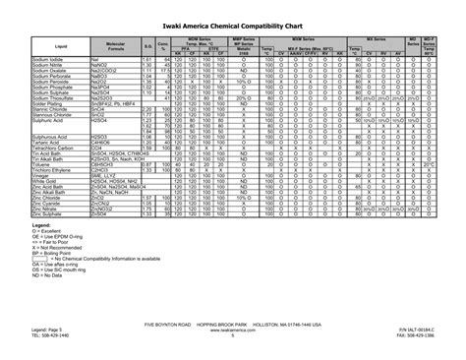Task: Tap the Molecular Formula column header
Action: tap(115, 46)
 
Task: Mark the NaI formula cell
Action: tap(95, 59)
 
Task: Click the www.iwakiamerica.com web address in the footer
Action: tap(233, 330)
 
